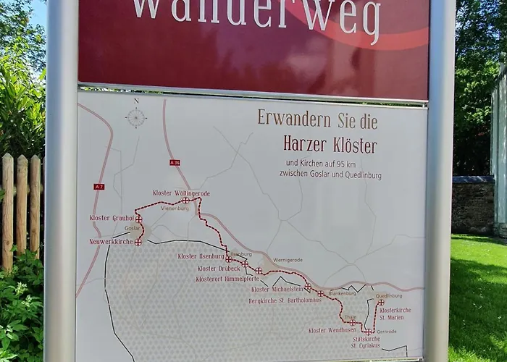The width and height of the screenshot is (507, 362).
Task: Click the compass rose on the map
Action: pyautogui.click(x=136, y=117)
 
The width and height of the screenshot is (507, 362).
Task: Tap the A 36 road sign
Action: pyautogui.click(x=175, y=161)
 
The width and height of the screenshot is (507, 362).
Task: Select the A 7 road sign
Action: pyautogui.click(x=99, y=187)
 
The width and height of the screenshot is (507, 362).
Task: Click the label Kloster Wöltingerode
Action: pyautogui.click(x=181, y=193)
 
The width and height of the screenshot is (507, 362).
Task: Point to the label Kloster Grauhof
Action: pyautogui.click(x=112, y=217)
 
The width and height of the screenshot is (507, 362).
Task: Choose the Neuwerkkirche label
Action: pyautogui.click(x=111, y=242)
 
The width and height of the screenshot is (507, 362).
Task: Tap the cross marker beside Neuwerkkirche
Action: pyautogui.click(x=138, y=243)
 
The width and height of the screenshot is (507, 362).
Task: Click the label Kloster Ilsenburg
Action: pyautogui.click(x=201, y=256)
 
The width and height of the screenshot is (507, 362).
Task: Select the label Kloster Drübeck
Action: pyautogui.click(x=218, y=269)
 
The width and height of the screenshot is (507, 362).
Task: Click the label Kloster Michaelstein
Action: pyautogui.click(x=277, y=290)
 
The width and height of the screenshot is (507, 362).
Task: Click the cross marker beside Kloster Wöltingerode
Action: pyautogui.click(x=185, y=201)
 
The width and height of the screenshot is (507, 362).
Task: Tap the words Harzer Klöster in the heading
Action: pyautogui.click(x=330, y=145)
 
